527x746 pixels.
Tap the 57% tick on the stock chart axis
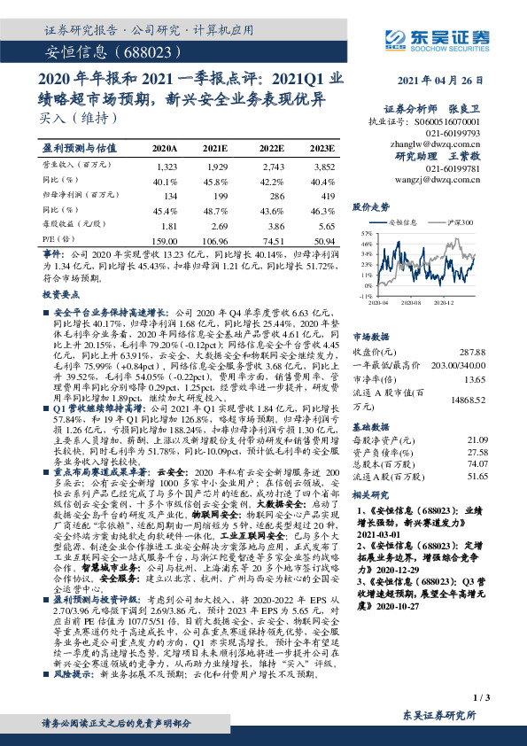(366, 232)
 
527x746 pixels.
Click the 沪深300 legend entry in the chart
(460, 222)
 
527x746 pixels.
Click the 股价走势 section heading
(372, 206)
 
